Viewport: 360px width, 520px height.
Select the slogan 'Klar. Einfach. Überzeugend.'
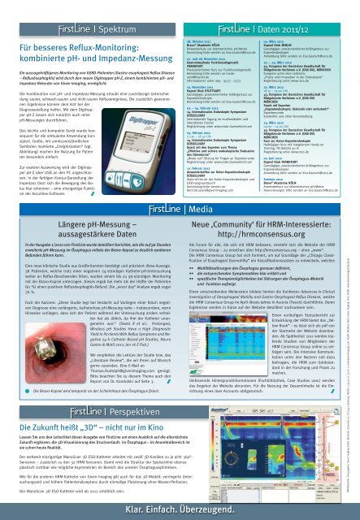click(180, 506)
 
